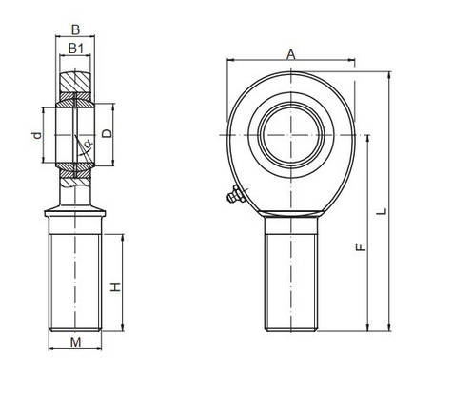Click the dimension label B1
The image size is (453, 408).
[x=76, y=49]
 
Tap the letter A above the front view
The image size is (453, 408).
[x=291, y=55]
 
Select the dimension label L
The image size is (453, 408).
[x=383, y=211]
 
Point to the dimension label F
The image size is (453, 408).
[x=361, y=247]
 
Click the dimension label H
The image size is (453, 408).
[x=115, y=287]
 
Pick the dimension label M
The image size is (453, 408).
[x=75, y=342]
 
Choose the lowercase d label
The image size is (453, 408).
[x=37, y=135]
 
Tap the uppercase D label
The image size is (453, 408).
[x=107, y=133]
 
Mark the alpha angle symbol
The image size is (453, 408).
[x=89, y=144]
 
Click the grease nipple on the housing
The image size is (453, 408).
[x=236, y=195]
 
